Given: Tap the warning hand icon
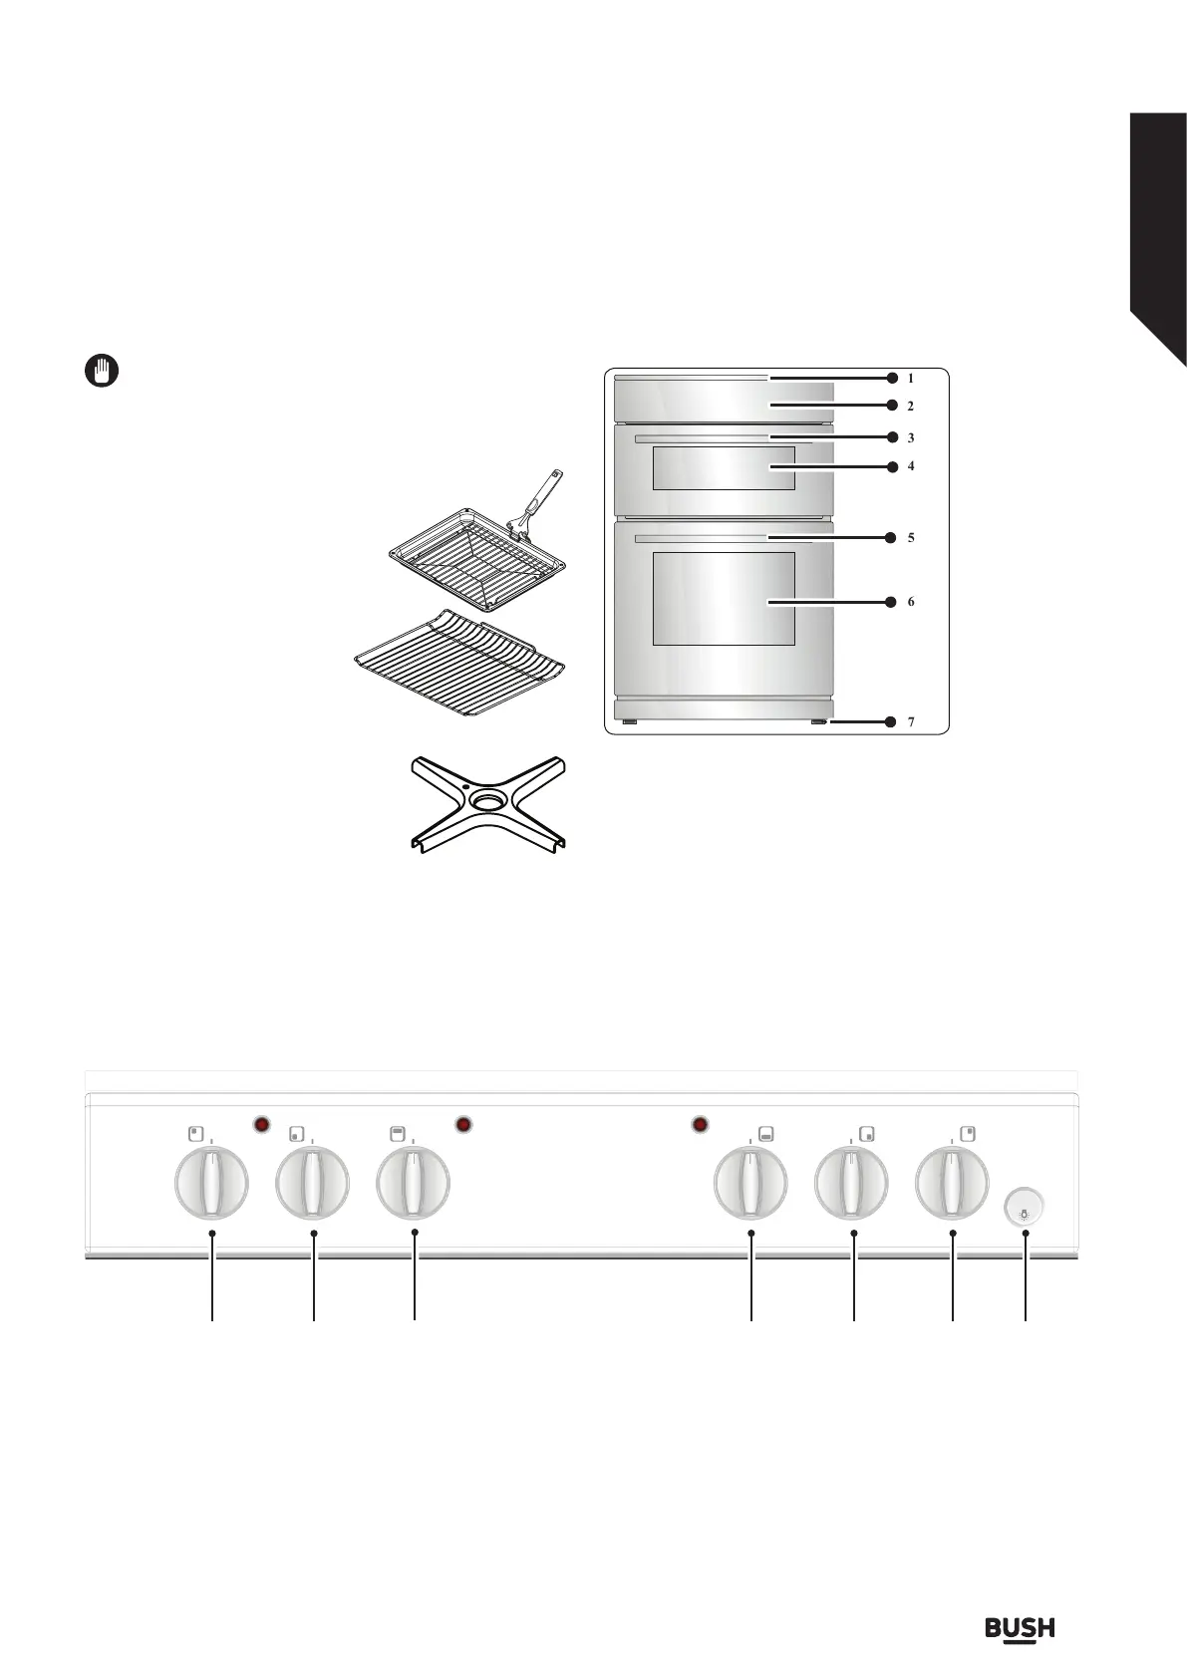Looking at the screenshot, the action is click(100, 371).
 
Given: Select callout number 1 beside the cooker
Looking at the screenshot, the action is click(910, 378).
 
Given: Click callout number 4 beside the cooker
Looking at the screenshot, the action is click(910, 465).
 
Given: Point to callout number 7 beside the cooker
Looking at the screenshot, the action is click(910, 722).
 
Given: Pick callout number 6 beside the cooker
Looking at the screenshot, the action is click(910, 602).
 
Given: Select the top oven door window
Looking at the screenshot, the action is click(723, 468).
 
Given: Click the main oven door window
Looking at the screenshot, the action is click(723, 598).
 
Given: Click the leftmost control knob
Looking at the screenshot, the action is click(211, 1183).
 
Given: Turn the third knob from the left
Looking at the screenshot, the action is click(413, 1183).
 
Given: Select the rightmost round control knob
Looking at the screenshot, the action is click(953, 1183).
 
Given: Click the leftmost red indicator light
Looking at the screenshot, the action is click(261, 1125).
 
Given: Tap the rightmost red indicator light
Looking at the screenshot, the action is click(700, 1125).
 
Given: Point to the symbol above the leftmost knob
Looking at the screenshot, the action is click(196, 1133).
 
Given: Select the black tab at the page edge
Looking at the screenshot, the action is click(1157, 229).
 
